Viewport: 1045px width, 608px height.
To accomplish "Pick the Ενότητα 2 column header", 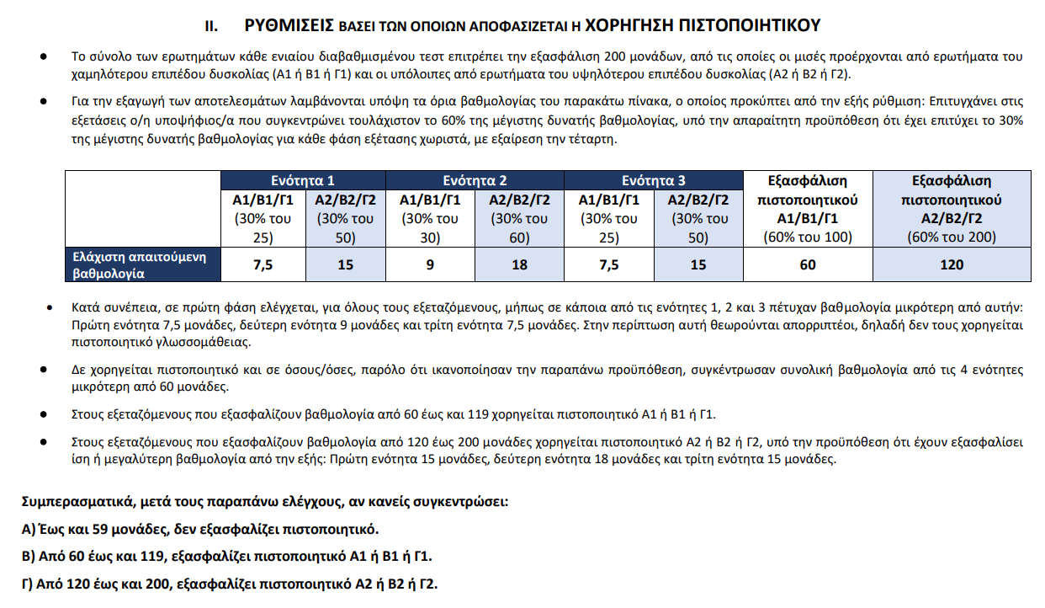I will click(475, 181).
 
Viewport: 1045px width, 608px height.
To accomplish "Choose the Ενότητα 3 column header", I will click(654, 181).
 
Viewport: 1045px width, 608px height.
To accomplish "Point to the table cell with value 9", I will click(429, 265).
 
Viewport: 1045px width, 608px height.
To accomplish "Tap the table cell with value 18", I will click(519, 265).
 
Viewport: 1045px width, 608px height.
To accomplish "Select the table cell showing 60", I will click(808, 265).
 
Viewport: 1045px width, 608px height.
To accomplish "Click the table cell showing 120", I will click(952, 265).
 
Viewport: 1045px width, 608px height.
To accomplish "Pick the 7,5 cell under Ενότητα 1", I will click(263, 265).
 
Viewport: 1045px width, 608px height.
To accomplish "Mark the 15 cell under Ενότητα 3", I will click(698, 265).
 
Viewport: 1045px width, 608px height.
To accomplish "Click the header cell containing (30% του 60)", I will click(519, 227).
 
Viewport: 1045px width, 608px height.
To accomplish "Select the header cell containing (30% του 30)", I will click(429, 227).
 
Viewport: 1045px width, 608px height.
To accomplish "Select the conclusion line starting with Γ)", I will click(230, 584).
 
